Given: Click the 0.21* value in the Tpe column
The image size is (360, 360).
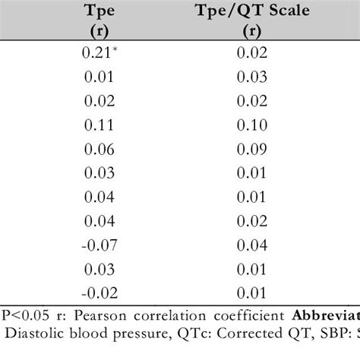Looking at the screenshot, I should (96, 54).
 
